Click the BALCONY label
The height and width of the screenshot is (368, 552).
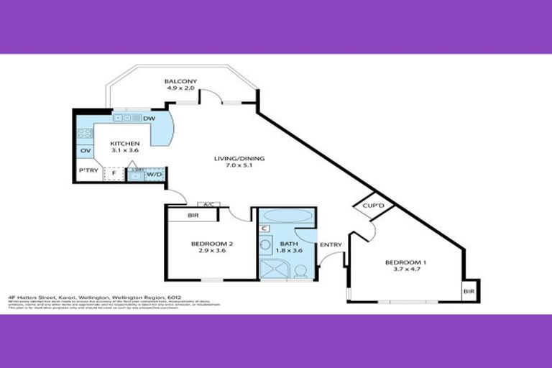click(180, 82)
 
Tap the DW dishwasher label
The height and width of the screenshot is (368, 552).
click(149, 119)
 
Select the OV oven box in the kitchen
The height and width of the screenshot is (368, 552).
click(85, 151)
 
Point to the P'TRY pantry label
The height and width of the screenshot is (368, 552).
click(88, 170)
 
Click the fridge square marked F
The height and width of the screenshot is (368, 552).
click(114, 172)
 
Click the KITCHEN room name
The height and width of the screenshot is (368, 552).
click(124, 144)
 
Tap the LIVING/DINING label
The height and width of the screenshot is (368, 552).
click(237, 159)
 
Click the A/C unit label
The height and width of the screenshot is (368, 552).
click(208, 205)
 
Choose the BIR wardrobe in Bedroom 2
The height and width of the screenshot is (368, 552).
click(193, 215)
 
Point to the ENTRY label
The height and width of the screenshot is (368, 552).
click(331, 244)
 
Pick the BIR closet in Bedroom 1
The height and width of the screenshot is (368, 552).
click(469, 291)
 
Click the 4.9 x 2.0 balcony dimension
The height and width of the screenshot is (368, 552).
click(180, 90)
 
